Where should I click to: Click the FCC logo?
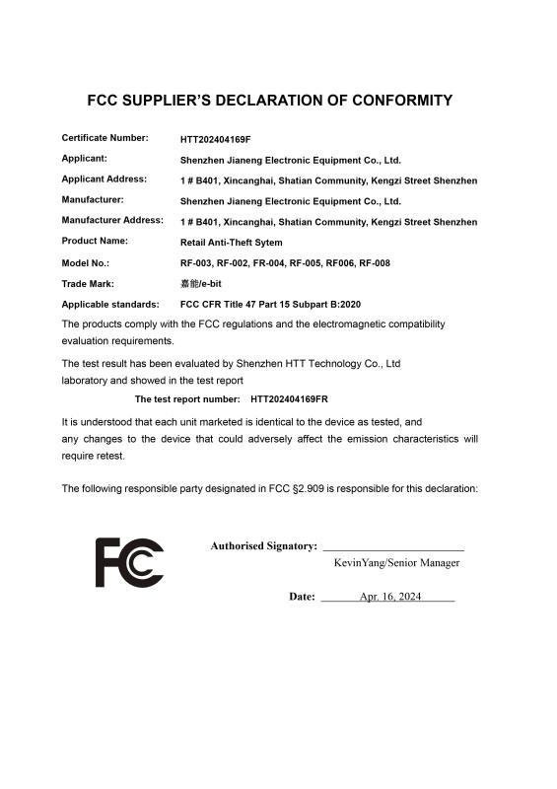coord(129,563)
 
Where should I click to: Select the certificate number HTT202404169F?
coord(223,139)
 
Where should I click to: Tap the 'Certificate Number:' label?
coord(105,138)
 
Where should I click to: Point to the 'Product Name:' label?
coord(95,241)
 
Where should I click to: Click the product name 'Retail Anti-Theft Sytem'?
coord(232,243)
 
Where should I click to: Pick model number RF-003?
coord(196,263)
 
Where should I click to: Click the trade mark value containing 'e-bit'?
coord(201,284)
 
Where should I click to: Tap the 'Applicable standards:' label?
coord(110,305)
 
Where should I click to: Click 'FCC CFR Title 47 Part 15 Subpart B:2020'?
coord(277,305)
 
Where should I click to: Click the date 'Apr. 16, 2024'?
coord(390,597)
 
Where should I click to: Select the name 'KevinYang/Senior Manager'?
coord(396,563)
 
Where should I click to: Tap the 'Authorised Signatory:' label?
coord(263,546)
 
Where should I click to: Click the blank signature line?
coord(393,548)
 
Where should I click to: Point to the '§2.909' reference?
coord(311,488)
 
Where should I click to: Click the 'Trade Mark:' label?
coord(90,284)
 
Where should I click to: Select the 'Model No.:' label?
coord(86,263)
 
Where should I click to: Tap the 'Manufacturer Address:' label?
coord(112,220)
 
